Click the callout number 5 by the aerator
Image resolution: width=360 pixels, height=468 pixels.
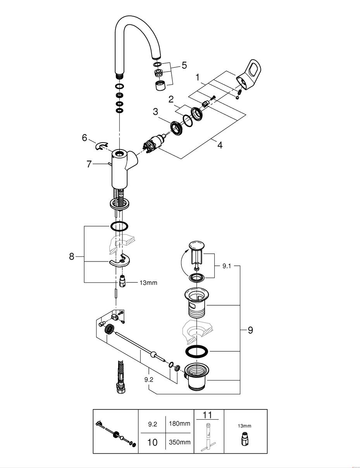pyautogui.click(x=184, y=65)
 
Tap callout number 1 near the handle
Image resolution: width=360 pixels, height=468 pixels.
pyautogui.click(x=198, y=77)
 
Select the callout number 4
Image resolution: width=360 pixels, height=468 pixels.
pyautogui.click(x=220, y=145)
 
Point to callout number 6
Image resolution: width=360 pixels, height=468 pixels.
pyautogui.click(x=84, y=138)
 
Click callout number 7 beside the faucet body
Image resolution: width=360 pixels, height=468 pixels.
pyautogui.click(x=89, y=164)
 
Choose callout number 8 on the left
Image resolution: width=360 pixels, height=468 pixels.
pyautogui.click(x=72, y=256)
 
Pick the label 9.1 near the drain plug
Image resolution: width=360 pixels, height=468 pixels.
pyautogui.click(x=227, y=266)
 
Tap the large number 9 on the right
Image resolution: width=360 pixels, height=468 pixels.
pyautogui.click(x=250, y=330)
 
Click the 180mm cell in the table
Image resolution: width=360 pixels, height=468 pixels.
pyautogui.click(x=179, y=423)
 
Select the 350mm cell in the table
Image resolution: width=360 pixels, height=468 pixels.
pyautogui.click(x=180, y=442)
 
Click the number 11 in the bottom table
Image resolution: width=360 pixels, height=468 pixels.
pyautogui.click(x=207, y=415)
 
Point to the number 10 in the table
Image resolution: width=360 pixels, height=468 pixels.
pyautogui.click(x=152, y=442)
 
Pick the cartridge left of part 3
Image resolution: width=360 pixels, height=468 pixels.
pyautogui.click(x=155, y=144)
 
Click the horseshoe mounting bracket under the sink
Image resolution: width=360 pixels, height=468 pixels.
pyautogui.click(x=120, y=261)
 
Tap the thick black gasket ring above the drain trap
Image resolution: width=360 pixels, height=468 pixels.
pyautogui.click(x=197, y=351)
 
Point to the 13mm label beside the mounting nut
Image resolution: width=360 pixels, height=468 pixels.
pyautogui.click(x=148, y=282)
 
